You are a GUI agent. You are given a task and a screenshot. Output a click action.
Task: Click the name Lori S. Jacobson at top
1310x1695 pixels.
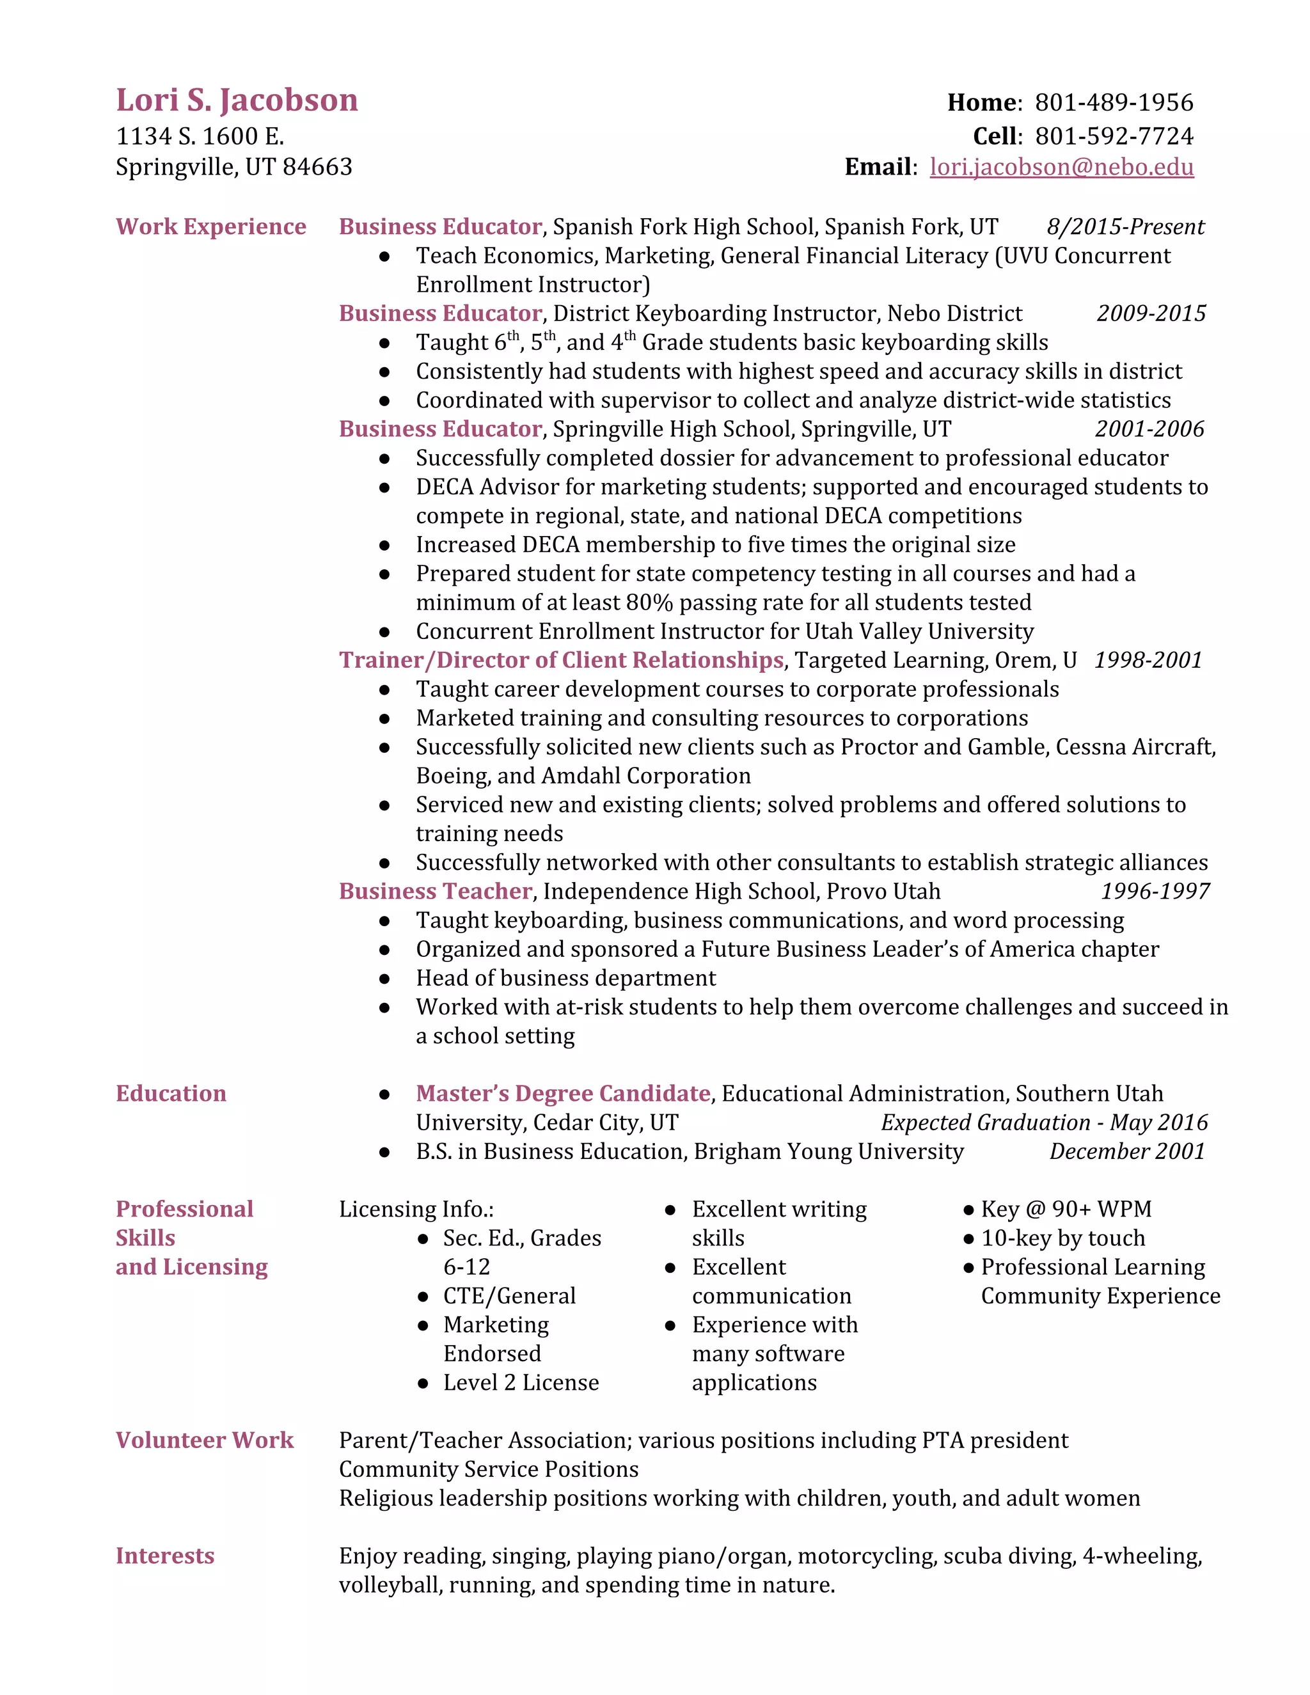(237, 101)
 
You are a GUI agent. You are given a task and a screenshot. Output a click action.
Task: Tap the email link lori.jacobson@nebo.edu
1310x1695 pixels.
(1061, 167)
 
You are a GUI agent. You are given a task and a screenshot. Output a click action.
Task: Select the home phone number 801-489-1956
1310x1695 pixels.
(1114, 102)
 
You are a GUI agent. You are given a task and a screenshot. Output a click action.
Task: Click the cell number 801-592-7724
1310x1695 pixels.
(1114, 137)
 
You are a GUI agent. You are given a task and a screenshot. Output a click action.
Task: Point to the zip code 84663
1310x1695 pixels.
(317, 167)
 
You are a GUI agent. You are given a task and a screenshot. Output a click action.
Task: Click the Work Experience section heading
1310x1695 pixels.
(210, 226)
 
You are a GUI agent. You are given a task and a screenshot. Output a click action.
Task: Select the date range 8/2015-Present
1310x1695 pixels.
(1125, 226)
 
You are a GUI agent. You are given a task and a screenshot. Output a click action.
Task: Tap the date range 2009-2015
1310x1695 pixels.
(1151, 313)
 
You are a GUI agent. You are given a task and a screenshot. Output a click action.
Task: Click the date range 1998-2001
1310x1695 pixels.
(1148, 661)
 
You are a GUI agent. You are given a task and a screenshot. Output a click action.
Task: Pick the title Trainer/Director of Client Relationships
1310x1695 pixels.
(560, 661)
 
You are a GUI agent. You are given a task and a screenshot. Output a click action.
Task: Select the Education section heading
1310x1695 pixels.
(171, 1094)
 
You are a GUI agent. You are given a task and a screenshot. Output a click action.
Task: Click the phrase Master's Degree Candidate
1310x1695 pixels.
(563, 1094)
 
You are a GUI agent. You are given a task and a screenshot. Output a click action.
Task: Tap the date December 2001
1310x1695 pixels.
(1127, 1152)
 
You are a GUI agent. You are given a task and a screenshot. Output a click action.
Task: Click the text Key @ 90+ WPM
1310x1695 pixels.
(1066, 1209)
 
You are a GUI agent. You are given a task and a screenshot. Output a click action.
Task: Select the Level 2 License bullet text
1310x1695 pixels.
(521, 1383)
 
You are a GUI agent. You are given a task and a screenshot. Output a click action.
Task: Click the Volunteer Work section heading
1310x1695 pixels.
(204, 1440)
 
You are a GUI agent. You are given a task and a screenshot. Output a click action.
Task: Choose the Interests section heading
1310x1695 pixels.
(164, 1556)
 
